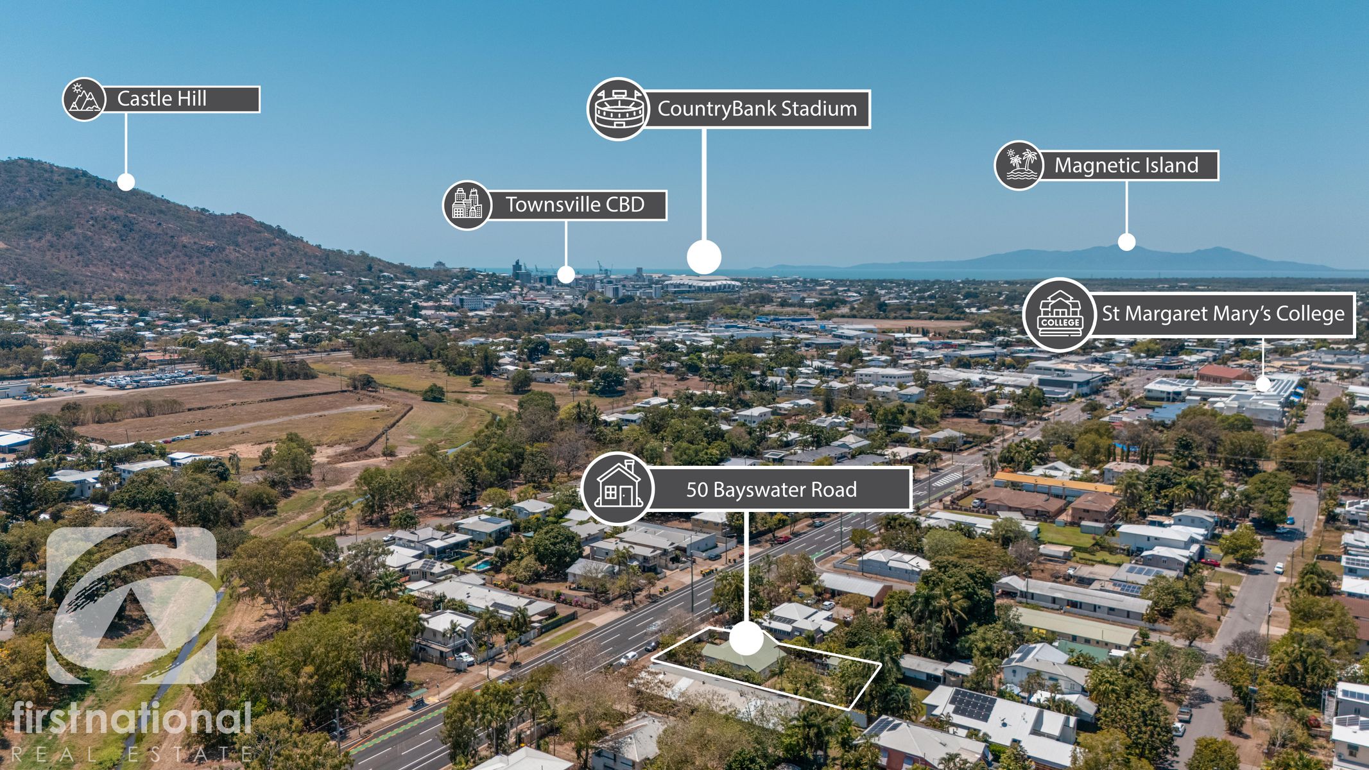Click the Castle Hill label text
click(x=162, y=99)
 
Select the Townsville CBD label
click(x=574, y=205)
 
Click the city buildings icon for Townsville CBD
click(x=467, y=205)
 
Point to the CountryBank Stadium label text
click(x=757, y=109)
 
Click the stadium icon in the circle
click(x=619, y=109)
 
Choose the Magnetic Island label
click(x=1126, y=166)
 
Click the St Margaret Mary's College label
click(x=1223, y=314)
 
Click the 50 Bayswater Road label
click(x=771, y=490)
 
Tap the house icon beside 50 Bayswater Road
click(x=617, y=489)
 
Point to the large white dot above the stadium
click(x=704, y=257)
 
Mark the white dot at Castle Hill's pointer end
click(x=126, y=182)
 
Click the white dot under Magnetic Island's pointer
click(x=1126, y=242)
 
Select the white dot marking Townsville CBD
click(x=565, y=275)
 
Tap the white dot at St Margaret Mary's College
click(x=1262, y=384)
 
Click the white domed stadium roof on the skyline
click(x=701, y=283)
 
